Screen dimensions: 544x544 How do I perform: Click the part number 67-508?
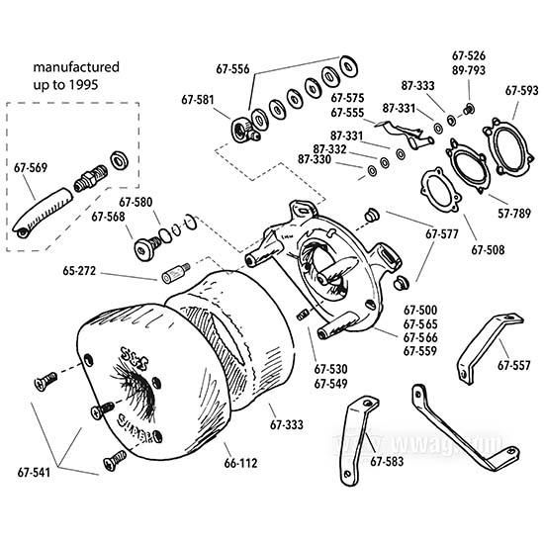tap(488, 251)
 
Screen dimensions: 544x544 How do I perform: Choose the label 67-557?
tap(514, 365)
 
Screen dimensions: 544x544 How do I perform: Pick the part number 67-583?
tap(388, 461)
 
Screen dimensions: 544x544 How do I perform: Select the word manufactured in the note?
tap(76, 67)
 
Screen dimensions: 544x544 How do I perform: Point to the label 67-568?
tap(109, 217)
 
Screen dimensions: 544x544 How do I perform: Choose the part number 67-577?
tap(443, 235)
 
